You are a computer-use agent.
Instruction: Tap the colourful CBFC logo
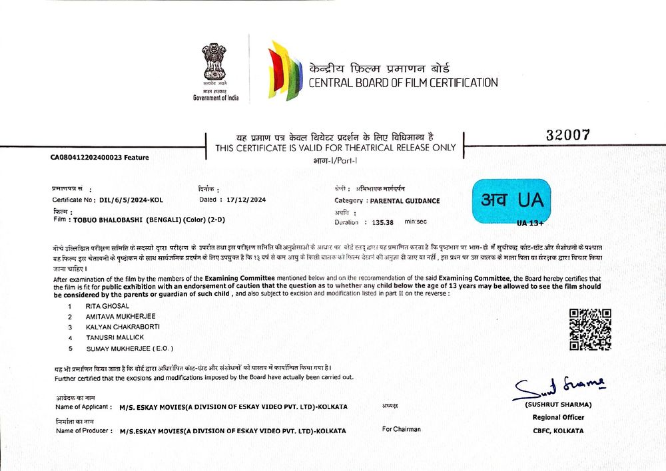click(284, 71)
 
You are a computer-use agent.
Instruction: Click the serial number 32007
click(567, 134)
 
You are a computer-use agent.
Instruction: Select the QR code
click(590, 329)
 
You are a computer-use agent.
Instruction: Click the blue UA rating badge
click(511, 200)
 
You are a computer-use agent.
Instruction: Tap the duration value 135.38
click(383, 222)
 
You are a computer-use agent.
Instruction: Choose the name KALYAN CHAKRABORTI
click(123, 327)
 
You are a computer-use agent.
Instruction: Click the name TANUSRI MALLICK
click(115, 337)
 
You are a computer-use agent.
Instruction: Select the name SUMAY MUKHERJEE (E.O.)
click(129, 348)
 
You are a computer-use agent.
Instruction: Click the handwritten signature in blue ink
click(557, 387)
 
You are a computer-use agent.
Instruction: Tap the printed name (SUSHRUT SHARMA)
click(558, 404)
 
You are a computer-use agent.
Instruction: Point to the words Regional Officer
click(558, 417)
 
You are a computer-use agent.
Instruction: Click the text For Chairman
click(402, 429)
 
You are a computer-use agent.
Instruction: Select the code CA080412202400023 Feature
click(99, 158)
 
